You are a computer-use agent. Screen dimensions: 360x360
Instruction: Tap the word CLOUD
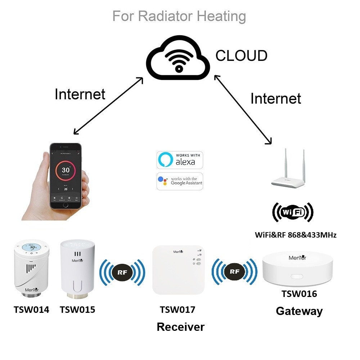point(241,56)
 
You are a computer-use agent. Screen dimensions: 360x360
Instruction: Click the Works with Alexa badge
point(180,160)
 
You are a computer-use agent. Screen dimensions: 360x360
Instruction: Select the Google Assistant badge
point(180,181)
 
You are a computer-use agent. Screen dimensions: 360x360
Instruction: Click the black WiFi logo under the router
point(292,212)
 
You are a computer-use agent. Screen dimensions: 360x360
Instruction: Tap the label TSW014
point(31,309)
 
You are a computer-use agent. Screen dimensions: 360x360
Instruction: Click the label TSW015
point(77,309)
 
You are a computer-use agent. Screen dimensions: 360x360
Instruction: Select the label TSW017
point(177,309)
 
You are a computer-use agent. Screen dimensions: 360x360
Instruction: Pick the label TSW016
point(299,294)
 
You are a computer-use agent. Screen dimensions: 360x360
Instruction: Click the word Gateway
point(299,311)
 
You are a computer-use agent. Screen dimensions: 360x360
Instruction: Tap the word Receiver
point(180,327)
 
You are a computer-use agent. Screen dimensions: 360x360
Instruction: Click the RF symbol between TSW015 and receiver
point(122,272)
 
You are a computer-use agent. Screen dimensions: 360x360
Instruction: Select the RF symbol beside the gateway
point(234,271)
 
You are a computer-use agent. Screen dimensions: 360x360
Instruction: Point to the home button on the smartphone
point(65,204)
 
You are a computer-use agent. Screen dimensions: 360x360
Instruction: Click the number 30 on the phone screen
point(66,170)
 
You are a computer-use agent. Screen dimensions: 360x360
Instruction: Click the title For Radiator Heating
point(179,16)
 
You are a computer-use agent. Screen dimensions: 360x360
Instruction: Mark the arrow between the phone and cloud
point(108,106)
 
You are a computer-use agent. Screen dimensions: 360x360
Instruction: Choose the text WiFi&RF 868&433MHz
point(296,235)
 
